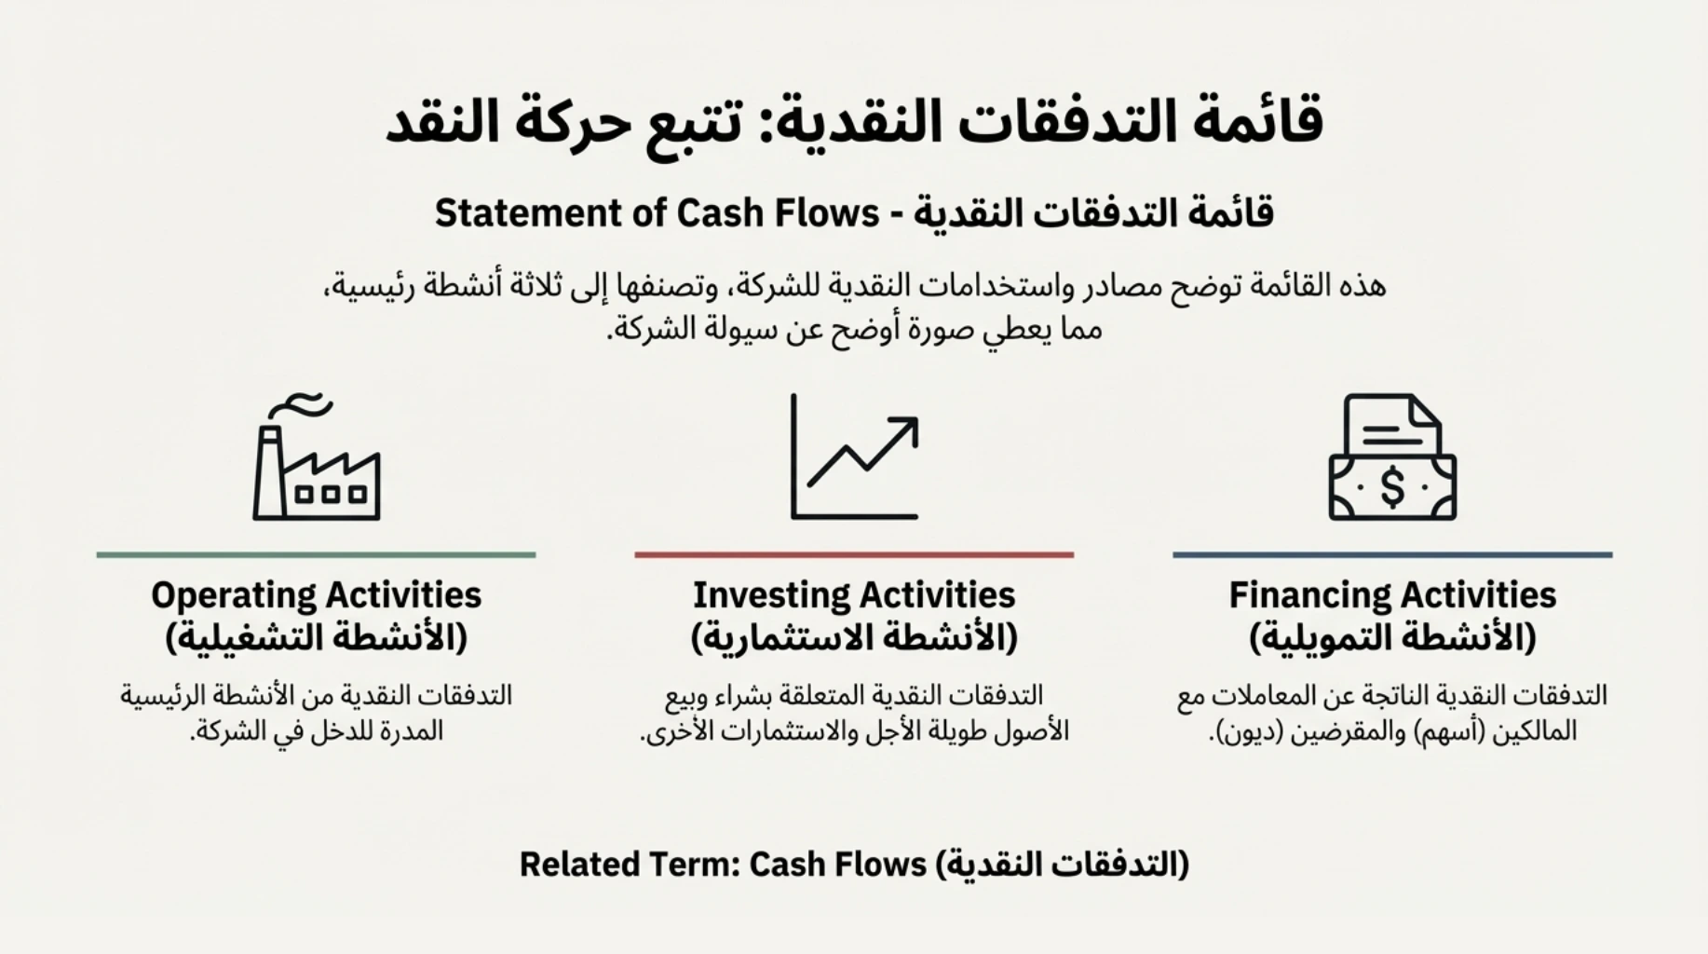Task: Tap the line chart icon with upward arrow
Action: (854, 457)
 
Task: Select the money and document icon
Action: (1392, 457)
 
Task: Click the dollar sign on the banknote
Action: (1392, 486)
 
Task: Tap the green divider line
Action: (316, 555)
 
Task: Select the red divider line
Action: (854, 555)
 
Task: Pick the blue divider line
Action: (1392, 555)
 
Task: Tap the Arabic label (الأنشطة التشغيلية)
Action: (317, 638)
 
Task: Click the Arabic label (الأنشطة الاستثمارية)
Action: (854, 638)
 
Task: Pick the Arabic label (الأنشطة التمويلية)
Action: (1392, 638)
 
